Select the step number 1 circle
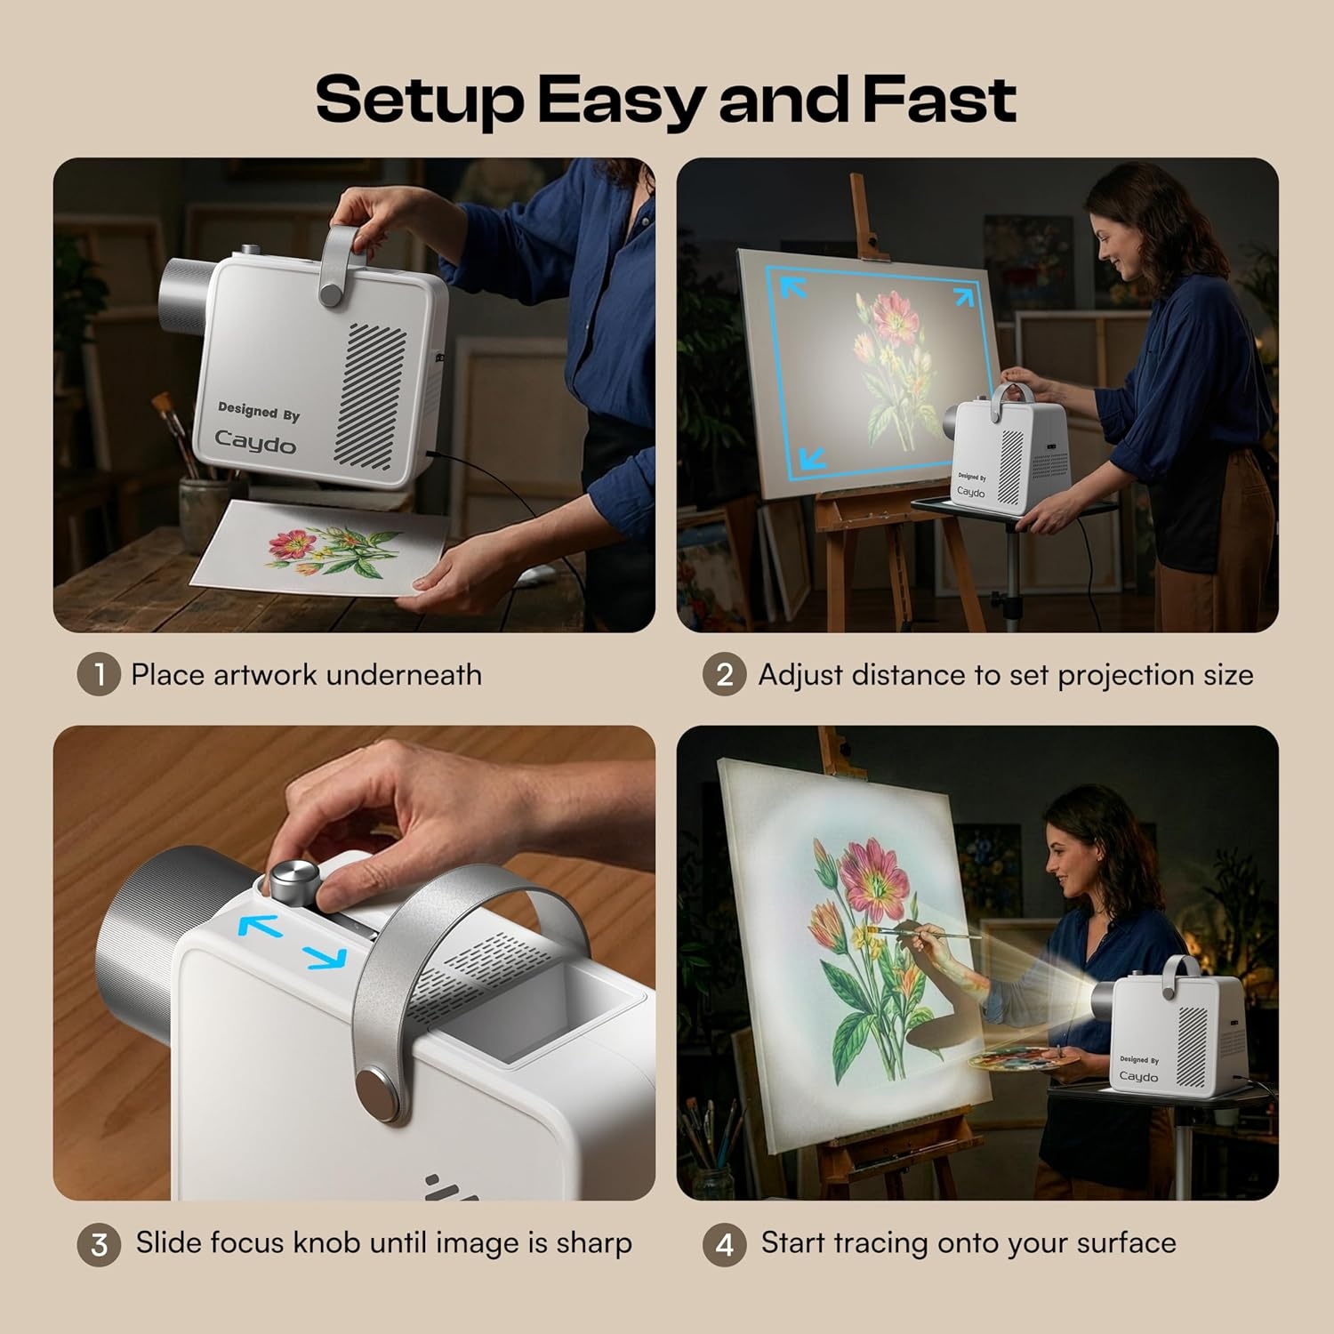[x=98, y=675]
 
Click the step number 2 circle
[x=725, y=675]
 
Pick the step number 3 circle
[x=99, y=1244]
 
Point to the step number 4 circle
[x=725, y=1244]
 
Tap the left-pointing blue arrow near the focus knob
[x=261, y=927]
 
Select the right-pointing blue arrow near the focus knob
[x=325, y=958]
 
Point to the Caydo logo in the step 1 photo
[x=255, y=441]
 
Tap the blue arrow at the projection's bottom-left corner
[x=812, y=458]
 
